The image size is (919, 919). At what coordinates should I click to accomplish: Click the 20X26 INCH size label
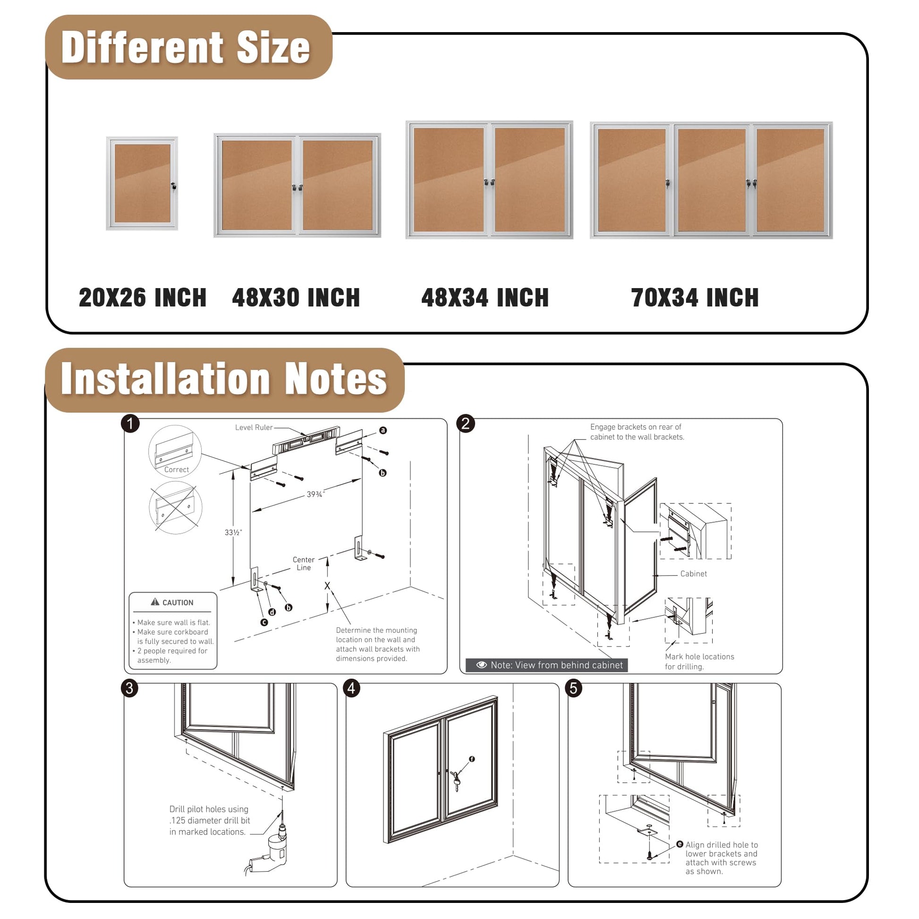143,298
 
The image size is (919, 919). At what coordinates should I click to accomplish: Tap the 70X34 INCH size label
695,298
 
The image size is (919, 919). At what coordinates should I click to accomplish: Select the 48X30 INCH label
296,298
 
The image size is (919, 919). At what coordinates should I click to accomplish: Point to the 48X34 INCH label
485,298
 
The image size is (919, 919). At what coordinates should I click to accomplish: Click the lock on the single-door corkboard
174,187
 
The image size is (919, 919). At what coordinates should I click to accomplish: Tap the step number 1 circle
130,423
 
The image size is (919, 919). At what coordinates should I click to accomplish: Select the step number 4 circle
351,688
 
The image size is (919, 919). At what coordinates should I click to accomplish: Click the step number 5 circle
574,688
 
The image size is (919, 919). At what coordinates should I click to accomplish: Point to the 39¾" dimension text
315,495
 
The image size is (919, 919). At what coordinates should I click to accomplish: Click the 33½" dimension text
233,532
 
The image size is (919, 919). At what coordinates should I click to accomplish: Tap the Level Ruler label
254,427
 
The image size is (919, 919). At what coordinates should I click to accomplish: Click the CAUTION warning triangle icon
155,602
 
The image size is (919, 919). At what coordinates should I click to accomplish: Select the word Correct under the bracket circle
177,469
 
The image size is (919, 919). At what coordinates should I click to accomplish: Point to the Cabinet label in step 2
694,574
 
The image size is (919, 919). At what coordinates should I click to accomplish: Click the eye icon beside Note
481,665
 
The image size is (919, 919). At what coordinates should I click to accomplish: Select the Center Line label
304,564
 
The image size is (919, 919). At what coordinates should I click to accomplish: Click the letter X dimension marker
327,586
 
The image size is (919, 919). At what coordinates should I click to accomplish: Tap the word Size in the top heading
273,48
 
